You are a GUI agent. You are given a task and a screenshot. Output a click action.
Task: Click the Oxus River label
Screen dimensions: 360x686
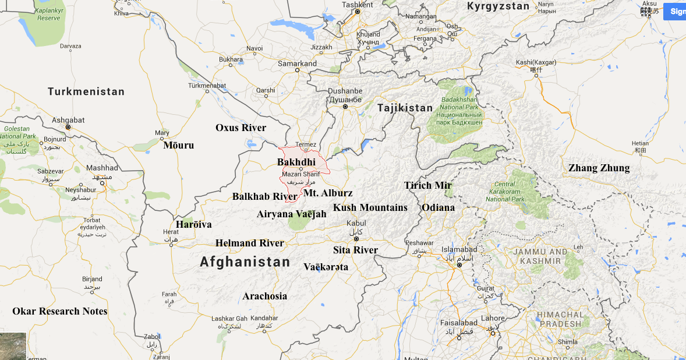[x=241, y=128]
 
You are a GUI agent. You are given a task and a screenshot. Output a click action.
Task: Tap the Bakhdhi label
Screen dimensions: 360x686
[x=296, y=161]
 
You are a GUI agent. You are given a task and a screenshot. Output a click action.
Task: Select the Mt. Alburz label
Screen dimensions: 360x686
[x=328, y=193]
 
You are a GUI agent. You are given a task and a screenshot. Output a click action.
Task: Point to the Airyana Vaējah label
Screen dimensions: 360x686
[x=291, y=214]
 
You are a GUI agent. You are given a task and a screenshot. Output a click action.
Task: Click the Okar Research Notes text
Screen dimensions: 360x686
[x=60, y=311]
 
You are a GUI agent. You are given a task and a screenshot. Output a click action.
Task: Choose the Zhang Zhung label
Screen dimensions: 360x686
[x=599, y=168]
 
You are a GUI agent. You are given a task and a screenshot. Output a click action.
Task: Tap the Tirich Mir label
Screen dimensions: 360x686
[x=428, y=185]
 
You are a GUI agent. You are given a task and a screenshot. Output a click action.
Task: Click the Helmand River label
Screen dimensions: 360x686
[x=250, y=243]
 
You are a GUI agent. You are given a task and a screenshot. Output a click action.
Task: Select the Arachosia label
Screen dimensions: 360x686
[x=265, y=296]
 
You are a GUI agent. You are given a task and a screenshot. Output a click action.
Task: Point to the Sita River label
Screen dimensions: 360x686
[x=355, y=250]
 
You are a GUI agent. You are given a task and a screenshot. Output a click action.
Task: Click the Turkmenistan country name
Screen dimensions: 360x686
[x=86, y=91]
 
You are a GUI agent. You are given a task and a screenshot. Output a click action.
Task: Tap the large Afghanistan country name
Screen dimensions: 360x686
[x=245, y=262]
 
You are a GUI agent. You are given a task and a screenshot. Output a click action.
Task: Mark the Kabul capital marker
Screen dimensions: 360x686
[x=355, y=238]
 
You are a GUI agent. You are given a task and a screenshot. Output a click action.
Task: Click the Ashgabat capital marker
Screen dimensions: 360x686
[x=68, y=127]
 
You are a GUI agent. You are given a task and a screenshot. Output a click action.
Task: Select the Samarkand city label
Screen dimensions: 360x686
[x=297, y=63]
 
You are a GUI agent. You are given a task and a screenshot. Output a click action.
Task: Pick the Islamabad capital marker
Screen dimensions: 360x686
[x=459, y=265]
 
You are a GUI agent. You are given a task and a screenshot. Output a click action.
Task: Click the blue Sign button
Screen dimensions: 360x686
[x=676, y=11]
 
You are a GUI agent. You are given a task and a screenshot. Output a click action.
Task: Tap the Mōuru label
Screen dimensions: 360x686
[x=179, y=145]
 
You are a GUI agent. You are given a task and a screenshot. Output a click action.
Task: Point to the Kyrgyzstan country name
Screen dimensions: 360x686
[x=498, y=6]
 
